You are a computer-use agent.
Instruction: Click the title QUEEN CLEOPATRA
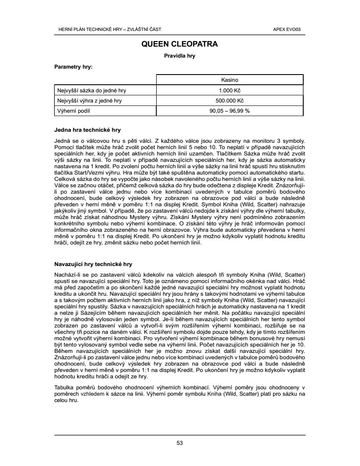pos(180,44)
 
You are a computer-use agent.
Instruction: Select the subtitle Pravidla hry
pos(180,55)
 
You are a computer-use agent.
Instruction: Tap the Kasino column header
pos(230,80)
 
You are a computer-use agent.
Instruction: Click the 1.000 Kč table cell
pos(230,90)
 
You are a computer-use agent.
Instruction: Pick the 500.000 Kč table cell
pos(230,101)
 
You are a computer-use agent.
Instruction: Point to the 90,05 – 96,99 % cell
pos(230,111)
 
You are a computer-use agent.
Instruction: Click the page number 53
pos(180,443)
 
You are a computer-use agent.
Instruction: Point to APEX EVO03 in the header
pos(290,29)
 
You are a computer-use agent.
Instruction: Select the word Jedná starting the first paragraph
pos(62,140)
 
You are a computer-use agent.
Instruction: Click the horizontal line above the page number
pos(180,435)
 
